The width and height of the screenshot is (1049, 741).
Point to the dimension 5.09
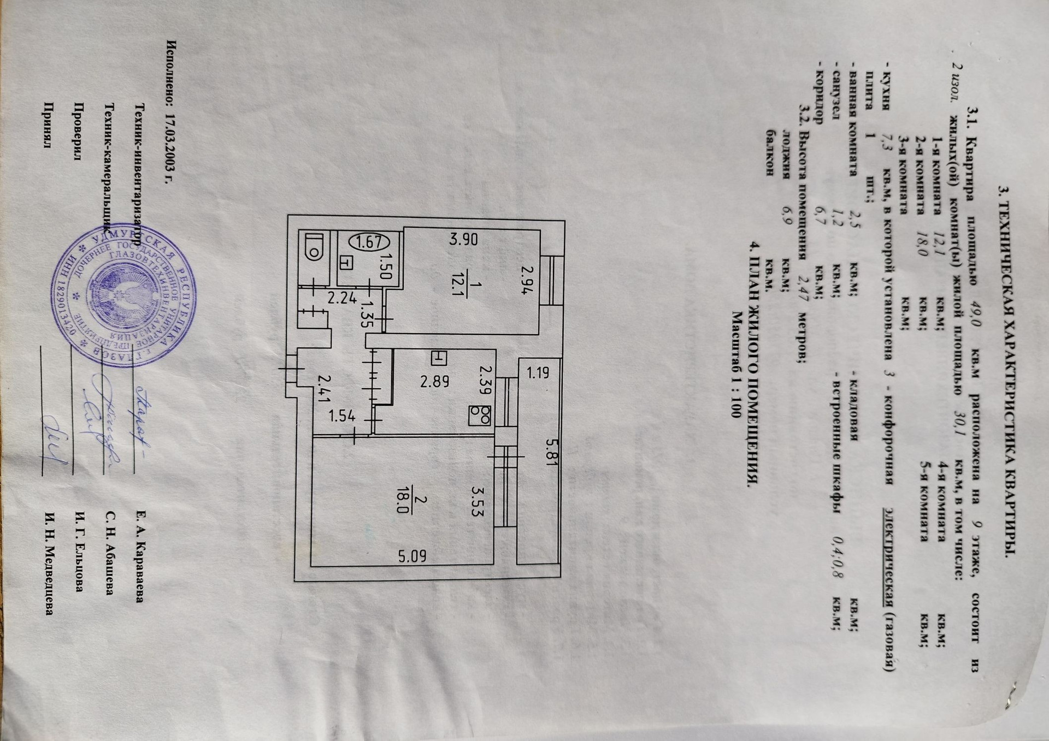pyautogui.click(x=412, y=556)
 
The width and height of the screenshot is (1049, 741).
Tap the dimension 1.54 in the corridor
pyautogui.click(x=342, y=416)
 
